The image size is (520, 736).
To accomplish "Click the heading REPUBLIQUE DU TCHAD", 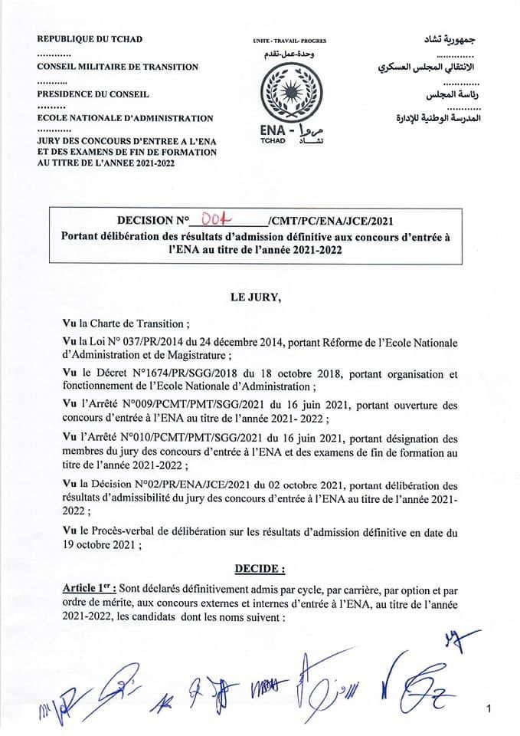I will pyautogui.click(x=90, y=38).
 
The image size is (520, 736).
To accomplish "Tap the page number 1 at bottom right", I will pyautogui.click(x=488, y=711).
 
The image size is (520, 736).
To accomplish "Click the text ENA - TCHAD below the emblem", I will pyautogui.click(x=274, y=133).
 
